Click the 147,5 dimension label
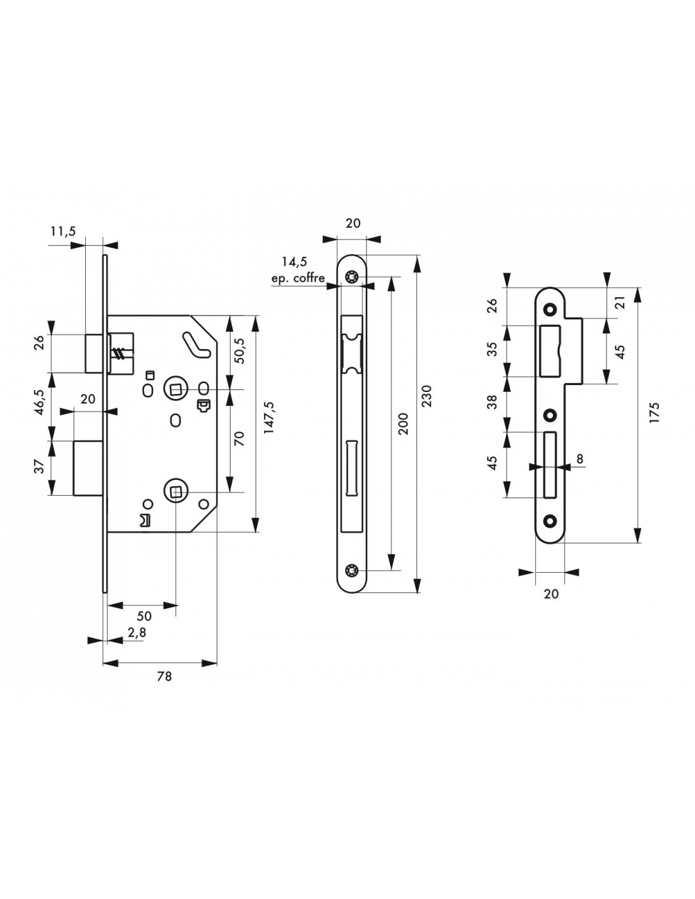pyautogui.click(x=269, y=417)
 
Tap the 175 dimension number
pyautogui.click(x=653, y=415)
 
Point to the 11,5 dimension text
pyautogui.click(x=63, y=231)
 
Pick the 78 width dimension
pyautogui.click(x=164, y=676)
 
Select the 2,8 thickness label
pyautogui.click(x=133, y=632)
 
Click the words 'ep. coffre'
pyautogui.click(x=298, y=278)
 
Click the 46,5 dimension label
pyautogui.click(x=39, y=403)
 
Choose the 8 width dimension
pyautogui.click(x=579, y=458)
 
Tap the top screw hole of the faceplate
pyautogui.click(x=351, y=277)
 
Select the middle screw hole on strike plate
pyautogui.click(x=550, y=415)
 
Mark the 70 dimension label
pyautogui.click(x=239, y=439)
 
